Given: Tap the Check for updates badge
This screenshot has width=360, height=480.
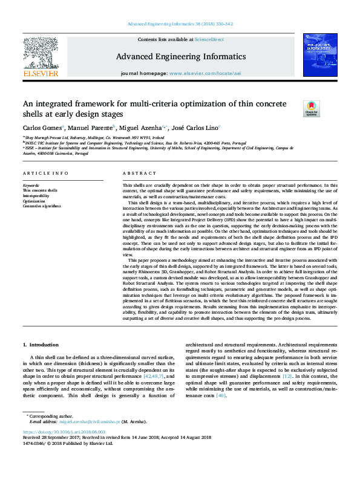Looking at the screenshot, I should coord(310,109).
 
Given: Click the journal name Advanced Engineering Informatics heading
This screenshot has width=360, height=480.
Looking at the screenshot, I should coord(180,56).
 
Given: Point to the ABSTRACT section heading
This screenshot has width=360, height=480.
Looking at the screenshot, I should coord(139,174).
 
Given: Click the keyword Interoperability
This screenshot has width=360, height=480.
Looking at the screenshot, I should coord(36,196).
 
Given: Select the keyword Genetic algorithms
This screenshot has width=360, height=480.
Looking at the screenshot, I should coord(42,206).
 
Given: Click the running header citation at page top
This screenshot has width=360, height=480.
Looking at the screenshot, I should coord(180,24).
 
